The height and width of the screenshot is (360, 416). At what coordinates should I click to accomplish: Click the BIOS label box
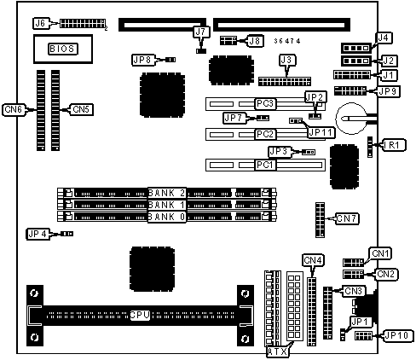[x=63, y=49]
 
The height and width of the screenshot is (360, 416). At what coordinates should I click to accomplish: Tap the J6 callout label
[x=41, y=23]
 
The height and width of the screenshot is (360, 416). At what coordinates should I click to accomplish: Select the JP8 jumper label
[x=143, y=60]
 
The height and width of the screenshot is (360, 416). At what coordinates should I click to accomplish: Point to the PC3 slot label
[x=265, y=103]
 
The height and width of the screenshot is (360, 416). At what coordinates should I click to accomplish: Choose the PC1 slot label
[x=265, y=165]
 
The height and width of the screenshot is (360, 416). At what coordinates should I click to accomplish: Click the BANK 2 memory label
[x=167, y=193]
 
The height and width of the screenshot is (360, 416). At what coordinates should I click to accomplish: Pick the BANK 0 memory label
[x=167, y=217]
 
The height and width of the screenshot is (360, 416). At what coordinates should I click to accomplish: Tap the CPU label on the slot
[x=140, y=315]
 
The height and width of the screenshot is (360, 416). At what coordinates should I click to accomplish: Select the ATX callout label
[x=277, y=351]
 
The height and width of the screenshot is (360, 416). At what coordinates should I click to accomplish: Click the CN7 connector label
[x=347, y=218]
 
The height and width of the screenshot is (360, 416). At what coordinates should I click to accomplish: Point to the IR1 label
[x=394, y=145]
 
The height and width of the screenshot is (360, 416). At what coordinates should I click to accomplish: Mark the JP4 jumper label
[x=38, y=234]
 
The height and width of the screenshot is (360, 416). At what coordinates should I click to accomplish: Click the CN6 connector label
[x=14, y=110]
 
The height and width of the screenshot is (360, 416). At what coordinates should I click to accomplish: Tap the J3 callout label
[x=287, y=60]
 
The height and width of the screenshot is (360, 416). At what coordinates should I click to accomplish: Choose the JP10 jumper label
[x=397, y=336]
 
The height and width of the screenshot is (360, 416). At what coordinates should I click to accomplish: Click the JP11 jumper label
[x=321, y=132]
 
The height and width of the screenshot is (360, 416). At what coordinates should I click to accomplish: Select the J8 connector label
[x=255, y=41]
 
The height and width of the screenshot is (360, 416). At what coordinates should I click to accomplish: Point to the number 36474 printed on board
[x=287, y=41]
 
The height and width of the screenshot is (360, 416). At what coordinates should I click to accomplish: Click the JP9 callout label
[x=389, y=91]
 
